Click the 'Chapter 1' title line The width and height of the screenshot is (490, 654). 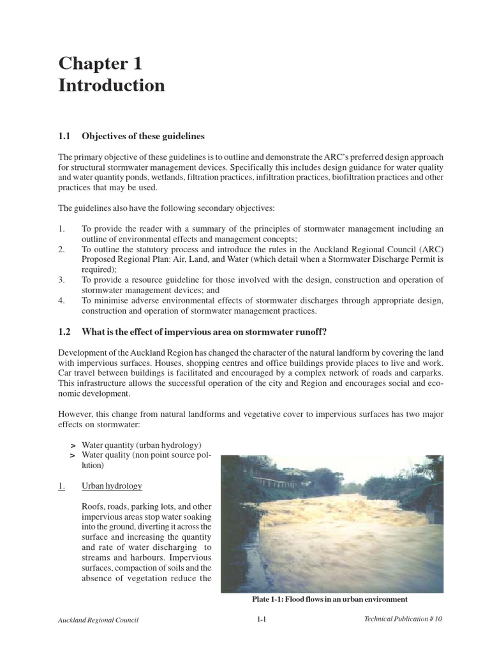click(x=101, y=63)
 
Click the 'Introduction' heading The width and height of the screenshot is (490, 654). click(x=112, y=86)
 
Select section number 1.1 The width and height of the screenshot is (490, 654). click(x=64, y=136)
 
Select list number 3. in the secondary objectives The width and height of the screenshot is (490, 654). click(x=62, y=280)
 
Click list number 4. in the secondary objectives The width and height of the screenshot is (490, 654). click(x=62, y=300)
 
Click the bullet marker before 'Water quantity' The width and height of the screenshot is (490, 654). click(x=73, y=445)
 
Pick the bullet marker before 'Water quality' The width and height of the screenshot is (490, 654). click(x=73, y=455)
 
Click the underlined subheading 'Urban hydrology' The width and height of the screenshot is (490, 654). click(x=112, y=486)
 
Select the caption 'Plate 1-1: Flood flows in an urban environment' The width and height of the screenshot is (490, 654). click(x=330, y=599)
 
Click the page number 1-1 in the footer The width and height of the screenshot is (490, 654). click(x=262, y=620)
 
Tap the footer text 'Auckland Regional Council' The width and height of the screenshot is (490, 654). click(x=98, y=620)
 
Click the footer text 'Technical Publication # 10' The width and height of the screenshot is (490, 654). click(x=403, y=620)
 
